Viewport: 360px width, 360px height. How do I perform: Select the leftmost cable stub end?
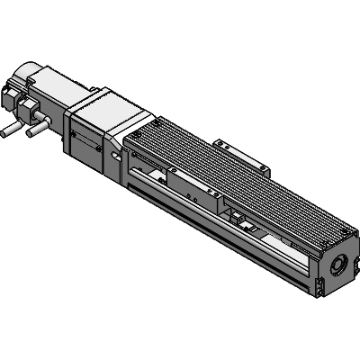(5, 135)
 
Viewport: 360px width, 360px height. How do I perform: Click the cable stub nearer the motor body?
(34, 132)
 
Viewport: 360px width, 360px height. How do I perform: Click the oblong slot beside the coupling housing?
(115, 154)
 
